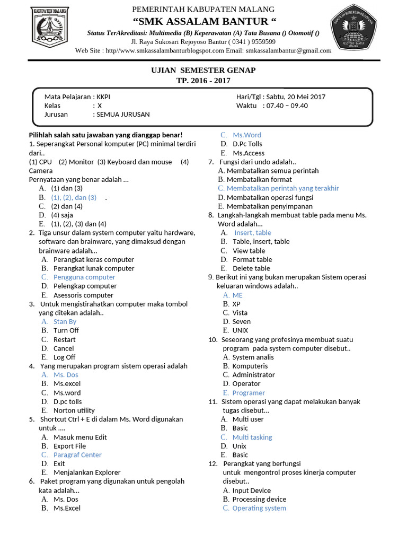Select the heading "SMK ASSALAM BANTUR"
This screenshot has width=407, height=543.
pyautogui.click(x=203, y=21)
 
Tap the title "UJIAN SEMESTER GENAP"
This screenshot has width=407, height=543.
pyautogui.click(x=203, y=71)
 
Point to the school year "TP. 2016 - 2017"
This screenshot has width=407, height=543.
pyautogui.click(x=203, y=81)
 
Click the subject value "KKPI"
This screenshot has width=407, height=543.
pyautogui.click(x=103, y=97)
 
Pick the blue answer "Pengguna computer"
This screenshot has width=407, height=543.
pyautogui.click(x=84, y=277)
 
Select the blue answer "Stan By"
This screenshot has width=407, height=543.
pyautogui.click(x=65, y=321)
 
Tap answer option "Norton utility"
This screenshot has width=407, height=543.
pyautogui.click(x=74, y=410)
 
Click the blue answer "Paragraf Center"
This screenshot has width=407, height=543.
pyautogui.click(x=77, y=455)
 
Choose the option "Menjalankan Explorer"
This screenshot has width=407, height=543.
pyautogui.click(x=87, y=472)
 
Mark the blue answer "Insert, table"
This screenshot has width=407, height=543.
pyautogui.click(x=252, y=233)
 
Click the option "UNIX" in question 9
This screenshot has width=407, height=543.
pyautogui.click(x=240, y=330)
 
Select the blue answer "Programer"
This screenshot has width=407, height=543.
pyautogui.click(x=248, y=393)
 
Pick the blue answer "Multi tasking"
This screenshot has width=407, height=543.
pyautogui.click(x=252, y=437)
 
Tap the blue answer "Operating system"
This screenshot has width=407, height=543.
pyautogui.click(x=259, y=508)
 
